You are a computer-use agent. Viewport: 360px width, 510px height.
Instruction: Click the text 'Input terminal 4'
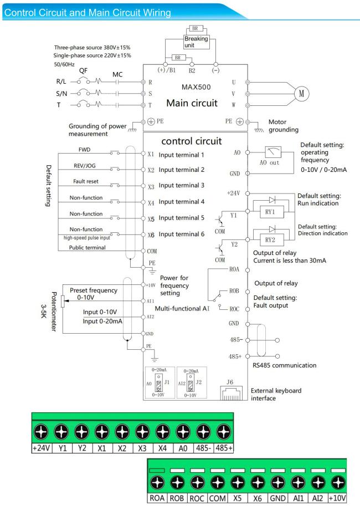pyautogui.click(x=183, y=202)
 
